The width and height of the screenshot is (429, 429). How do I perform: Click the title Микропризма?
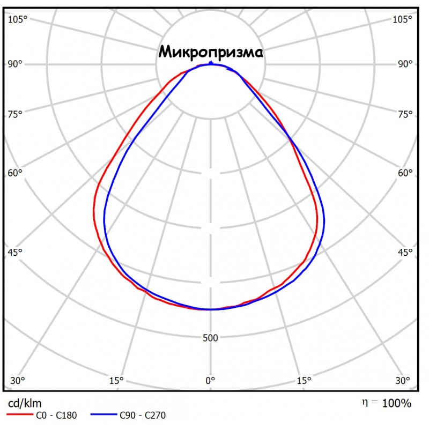(211, 53)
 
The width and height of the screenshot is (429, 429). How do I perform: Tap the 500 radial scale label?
(211, 338)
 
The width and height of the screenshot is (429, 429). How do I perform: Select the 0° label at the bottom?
(211, 381)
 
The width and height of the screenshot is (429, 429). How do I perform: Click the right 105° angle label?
(403, 20)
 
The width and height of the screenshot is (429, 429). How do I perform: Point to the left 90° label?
(16, 64)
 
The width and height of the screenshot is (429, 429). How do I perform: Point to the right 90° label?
(405, 64)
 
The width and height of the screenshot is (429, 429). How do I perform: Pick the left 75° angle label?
(16, 114)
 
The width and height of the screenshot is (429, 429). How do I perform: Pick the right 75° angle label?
(405, 114)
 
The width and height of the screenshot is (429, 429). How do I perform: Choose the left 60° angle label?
(16, 173)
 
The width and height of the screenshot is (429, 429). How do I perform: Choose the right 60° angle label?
(405, 173)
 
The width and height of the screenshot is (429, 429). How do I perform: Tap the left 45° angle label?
(16, 252)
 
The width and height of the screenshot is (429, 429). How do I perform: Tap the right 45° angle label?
(405, 252)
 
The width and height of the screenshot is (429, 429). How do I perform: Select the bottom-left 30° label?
(18, 381)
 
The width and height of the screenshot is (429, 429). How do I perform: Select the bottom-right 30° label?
(403, 381)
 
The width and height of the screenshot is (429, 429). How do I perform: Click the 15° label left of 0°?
(117, 381)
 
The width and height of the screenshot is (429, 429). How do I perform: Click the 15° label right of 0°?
(304, 381)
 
